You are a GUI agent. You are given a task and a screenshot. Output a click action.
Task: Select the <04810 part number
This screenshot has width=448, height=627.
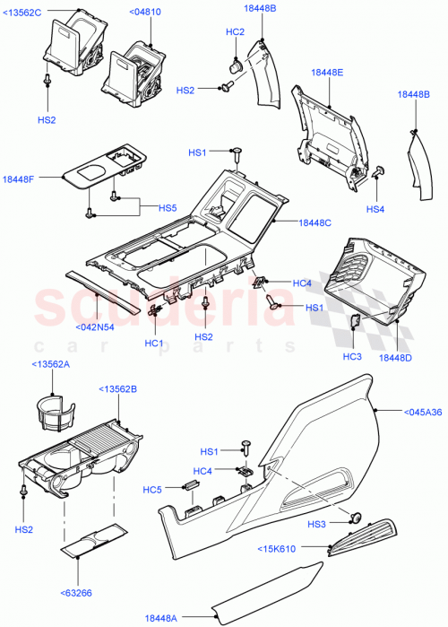tap(146, 12)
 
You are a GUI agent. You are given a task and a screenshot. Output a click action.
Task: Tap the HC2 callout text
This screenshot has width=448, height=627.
tap(235, 32)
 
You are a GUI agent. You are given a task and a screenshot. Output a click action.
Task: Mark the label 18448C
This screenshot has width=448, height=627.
tap(315, 222)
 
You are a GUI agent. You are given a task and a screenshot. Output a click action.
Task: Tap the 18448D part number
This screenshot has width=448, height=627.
tap(396, 358)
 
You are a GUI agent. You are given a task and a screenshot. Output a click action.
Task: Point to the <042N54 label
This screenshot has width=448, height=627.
tap(95, 327)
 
